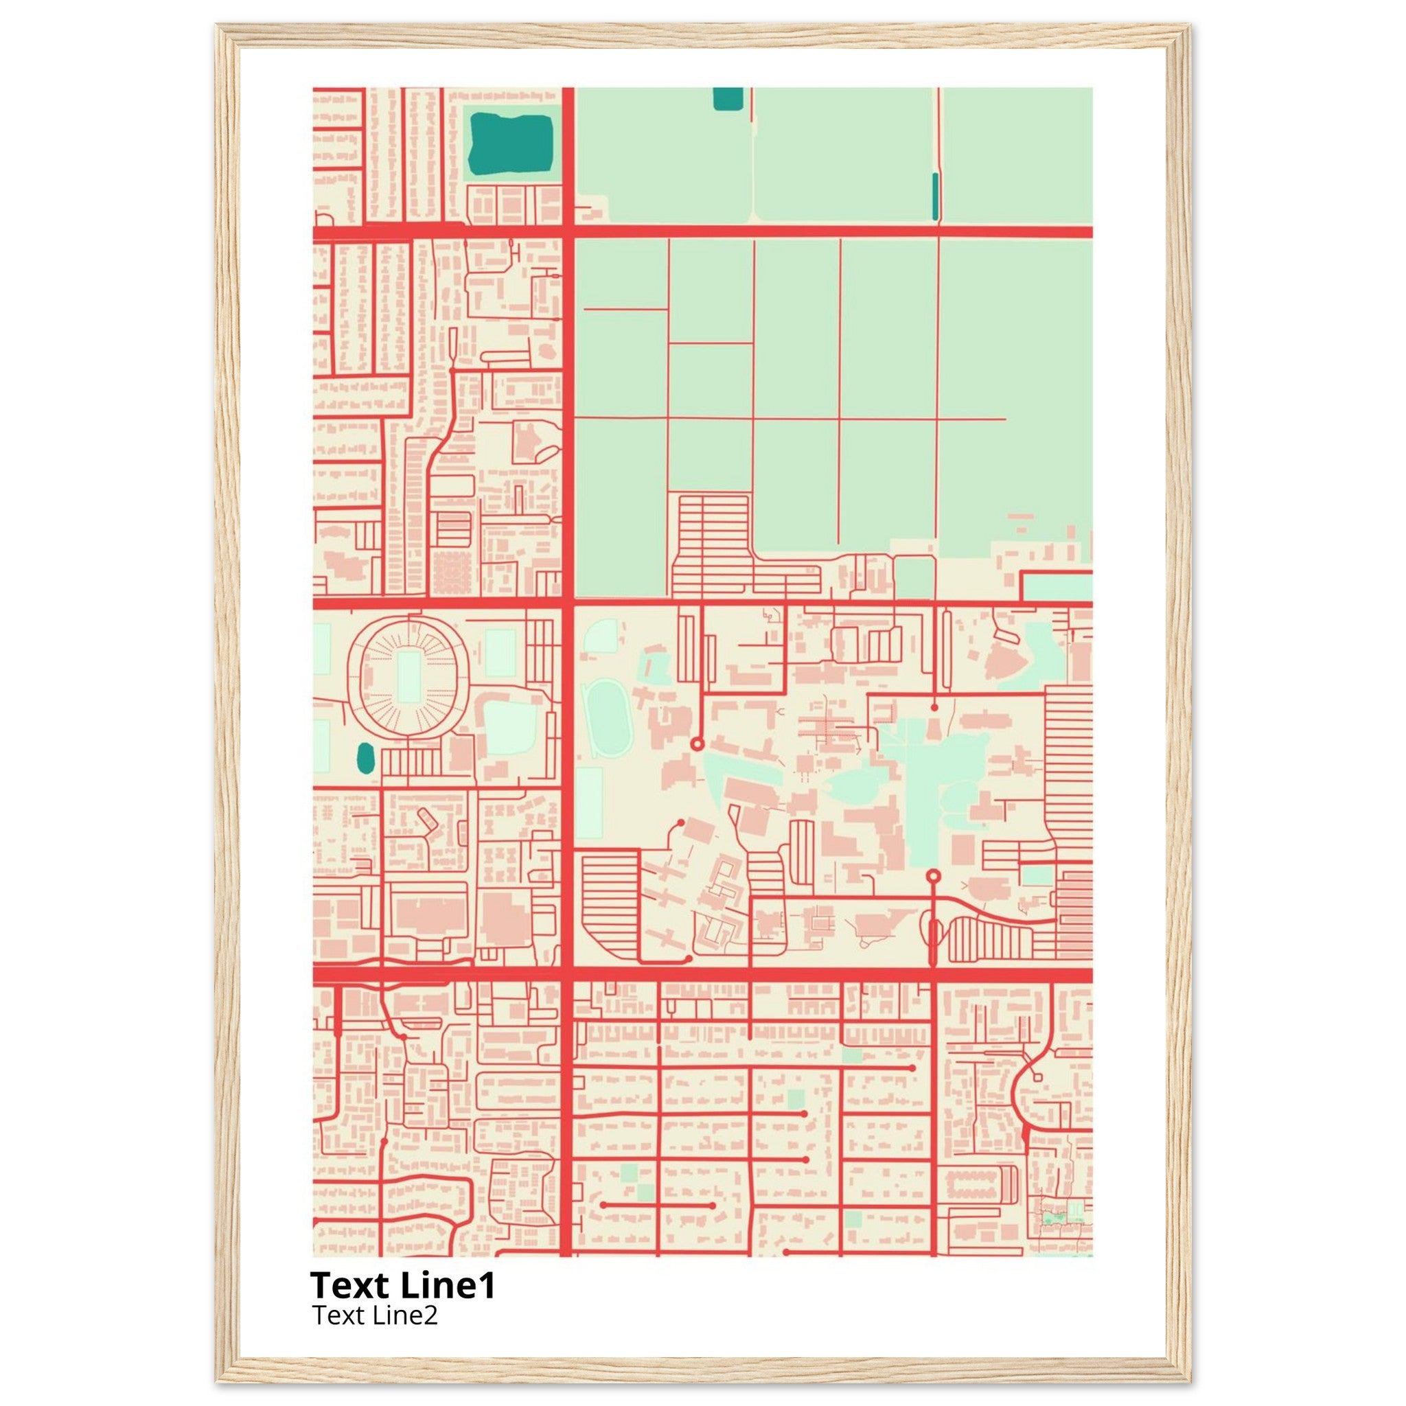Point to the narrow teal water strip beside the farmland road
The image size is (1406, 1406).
[935, 196]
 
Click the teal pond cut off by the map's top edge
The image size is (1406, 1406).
[728, 98]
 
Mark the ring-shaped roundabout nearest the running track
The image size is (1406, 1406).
[696, 744]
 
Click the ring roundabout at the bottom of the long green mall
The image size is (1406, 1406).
[934, 875]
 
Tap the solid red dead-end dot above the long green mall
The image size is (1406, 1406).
[934, 706]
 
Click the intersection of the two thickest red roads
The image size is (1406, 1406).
[568, 975]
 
